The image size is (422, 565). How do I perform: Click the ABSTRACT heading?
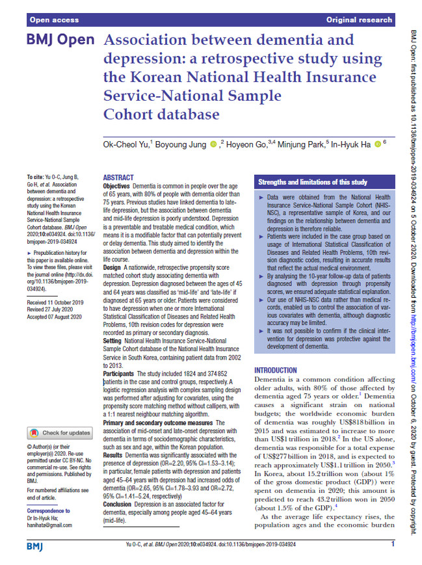119,177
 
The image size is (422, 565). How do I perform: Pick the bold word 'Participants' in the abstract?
118,374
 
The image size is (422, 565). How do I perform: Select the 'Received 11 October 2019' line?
55,303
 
